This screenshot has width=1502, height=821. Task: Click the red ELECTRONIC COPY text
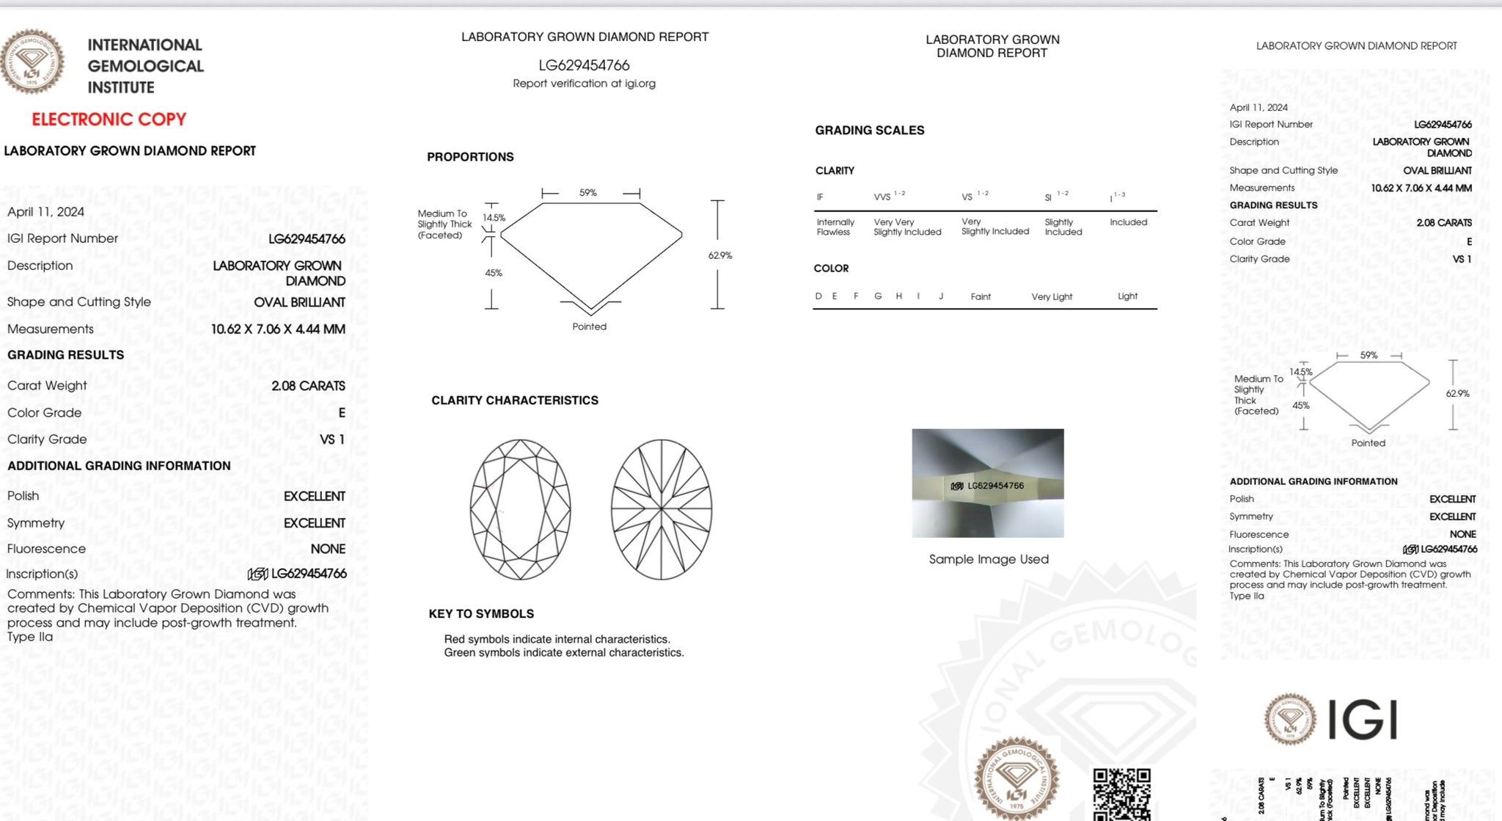[109, 119]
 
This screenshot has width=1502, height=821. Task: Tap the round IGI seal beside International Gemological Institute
[32, 62]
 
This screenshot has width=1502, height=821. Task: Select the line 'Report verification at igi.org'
[584, 84]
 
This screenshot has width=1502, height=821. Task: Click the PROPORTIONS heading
[470, 157]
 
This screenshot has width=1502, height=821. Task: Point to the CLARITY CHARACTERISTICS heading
[514, 400]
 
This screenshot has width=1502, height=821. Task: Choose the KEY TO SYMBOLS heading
[481, 613]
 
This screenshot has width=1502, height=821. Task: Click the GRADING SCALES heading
[869, 131]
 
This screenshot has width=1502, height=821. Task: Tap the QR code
[1121, 794]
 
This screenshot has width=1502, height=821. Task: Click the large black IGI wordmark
[1363, 720]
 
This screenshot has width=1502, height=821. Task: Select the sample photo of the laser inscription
[987, 483]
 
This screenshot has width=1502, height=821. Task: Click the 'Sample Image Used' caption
[989, 559]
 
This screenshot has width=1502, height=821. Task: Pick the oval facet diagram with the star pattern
[662, 509]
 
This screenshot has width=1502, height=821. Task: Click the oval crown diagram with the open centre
[520, 509]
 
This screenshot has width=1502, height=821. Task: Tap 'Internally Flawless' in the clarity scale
[835, 227]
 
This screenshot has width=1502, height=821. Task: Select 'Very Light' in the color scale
[1052, 296]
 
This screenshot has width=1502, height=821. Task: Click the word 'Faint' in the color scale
[981, 296]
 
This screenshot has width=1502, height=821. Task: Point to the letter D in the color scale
[818, 296]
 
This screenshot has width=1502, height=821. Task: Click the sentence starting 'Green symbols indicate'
[563, 652]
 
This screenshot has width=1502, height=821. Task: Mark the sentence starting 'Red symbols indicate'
[557, 639]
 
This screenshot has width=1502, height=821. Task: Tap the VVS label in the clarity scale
[882, 197]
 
